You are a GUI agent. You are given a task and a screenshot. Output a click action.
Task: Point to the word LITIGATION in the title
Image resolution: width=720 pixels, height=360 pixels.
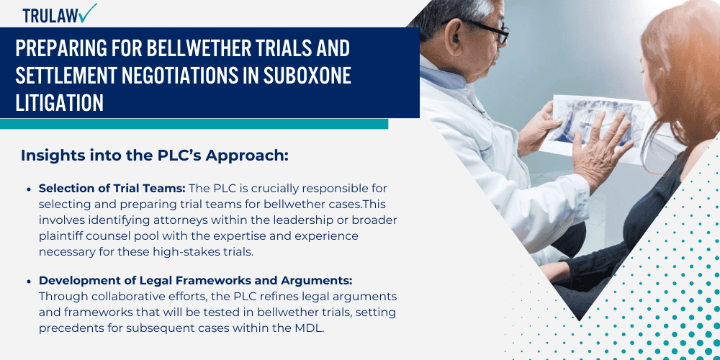(x=60, y=102)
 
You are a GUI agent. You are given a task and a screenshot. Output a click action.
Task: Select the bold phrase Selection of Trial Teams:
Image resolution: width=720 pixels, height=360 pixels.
(x=112, y=189)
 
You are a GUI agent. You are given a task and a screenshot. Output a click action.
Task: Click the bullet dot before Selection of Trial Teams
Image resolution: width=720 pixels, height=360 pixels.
(x=28, y=189)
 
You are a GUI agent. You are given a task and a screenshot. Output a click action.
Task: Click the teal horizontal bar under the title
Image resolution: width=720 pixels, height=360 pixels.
(x=194, y=124)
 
